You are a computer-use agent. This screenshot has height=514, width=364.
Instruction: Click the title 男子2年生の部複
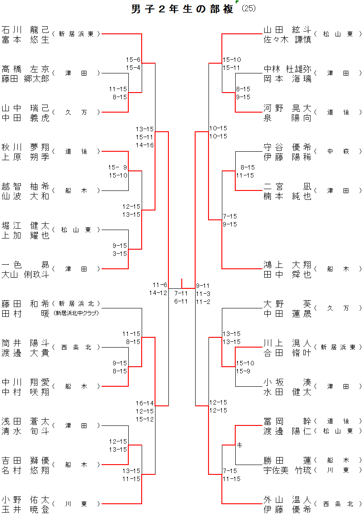point(182,9)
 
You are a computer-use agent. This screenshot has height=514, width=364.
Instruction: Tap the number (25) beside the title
point(249,8)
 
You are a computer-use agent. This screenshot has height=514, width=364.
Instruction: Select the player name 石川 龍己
point(25,30)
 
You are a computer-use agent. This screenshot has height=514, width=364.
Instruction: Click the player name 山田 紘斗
point(287,30)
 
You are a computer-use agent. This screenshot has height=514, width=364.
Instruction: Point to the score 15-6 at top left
point(133,60)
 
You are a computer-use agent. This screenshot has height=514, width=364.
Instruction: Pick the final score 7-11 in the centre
point(181,293)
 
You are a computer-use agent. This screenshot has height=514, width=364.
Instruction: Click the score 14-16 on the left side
point(145,145)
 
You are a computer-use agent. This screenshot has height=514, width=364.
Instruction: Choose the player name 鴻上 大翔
point(287,265)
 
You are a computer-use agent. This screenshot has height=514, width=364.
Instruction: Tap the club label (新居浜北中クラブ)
point(76,313)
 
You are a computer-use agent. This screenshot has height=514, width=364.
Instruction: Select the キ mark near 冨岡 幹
point(239,445)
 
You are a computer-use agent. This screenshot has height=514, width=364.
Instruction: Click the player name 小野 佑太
point(25,500)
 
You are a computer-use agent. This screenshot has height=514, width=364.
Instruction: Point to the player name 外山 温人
point(287,500)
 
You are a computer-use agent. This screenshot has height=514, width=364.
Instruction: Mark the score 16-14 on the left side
point(145,403)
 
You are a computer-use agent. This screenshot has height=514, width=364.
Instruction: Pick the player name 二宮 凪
point(287,186)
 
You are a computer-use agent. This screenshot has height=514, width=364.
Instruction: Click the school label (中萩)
point(339,151)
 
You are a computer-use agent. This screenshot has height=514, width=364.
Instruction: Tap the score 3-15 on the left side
point(120,254)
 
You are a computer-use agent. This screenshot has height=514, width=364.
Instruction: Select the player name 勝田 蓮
point(287,461)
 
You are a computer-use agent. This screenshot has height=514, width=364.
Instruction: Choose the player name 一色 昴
point(25,265)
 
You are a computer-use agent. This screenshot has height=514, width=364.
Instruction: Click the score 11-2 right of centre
point(203,302)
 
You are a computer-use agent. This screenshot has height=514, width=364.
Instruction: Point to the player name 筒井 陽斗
point(25,343)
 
